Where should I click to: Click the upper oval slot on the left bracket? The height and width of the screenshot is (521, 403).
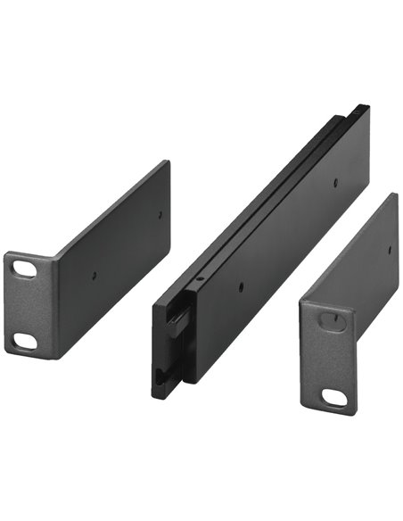[26, 268]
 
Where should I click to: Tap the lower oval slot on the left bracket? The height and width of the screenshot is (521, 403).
[26, 340]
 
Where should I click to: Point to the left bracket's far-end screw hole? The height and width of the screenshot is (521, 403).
[160, 214]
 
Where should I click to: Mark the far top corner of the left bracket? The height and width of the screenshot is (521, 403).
[167, 161]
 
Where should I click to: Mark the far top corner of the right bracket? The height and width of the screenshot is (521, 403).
[396, 194]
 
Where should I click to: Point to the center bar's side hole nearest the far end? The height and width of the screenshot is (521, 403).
[335, 182]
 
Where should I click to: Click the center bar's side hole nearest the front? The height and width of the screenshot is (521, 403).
[242, 287]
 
